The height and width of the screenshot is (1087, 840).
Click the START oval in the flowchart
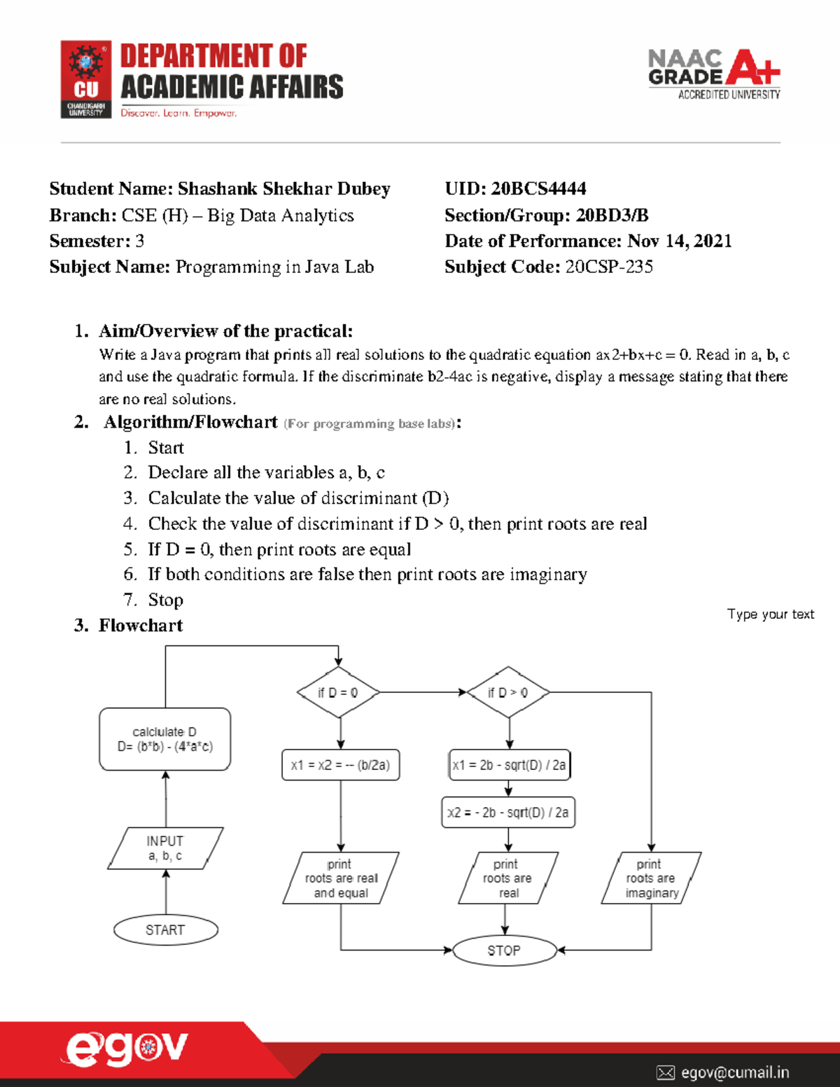click(x=165, y=930)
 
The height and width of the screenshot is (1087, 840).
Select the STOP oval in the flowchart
click(x=504, y=951)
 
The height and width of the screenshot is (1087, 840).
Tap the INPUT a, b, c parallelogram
click(x=165, y=848)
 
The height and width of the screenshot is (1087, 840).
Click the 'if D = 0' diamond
click(x=338, y=692)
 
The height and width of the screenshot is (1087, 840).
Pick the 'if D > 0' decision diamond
click(x=508, y=692)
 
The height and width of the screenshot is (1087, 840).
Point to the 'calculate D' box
click(x=165, y=739)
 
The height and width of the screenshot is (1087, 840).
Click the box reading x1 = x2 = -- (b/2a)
click(x=340, y=765)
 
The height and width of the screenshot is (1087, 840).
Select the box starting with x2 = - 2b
click(x=508, y=813)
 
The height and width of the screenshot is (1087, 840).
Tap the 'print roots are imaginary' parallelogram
click(x=651, y=878)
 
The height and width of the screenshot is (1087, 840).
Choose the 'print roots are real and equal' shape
click(x=341, y=878)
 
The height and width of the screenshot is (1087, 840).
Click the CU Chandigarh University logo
click(x=86, y=79)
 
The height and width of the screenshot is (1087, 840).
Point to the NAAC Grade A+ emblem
click(x=714, y=73)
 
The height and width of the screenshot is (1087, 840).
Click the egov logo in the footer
click(x=127, y=1049)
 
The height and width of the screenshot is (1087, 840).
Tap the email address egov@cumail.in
click(x=734, y=1072)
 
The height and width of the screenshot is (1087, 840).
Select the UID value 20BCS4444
click(x=538, y=188)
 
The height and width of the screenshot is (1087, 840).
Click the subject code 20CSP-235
click(x=609, y=267)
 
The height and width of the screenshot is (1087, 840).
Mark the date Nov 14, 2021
click(x=679, y=241)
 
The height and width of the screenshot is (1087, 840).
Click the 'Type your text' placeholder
click(x=770, y=614)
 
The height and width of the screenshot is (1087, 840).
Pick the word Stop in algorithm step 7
click(x=165, y=600)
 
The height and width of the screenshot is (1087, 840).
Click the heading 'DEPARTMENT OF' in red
click(x=213, y=56)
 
